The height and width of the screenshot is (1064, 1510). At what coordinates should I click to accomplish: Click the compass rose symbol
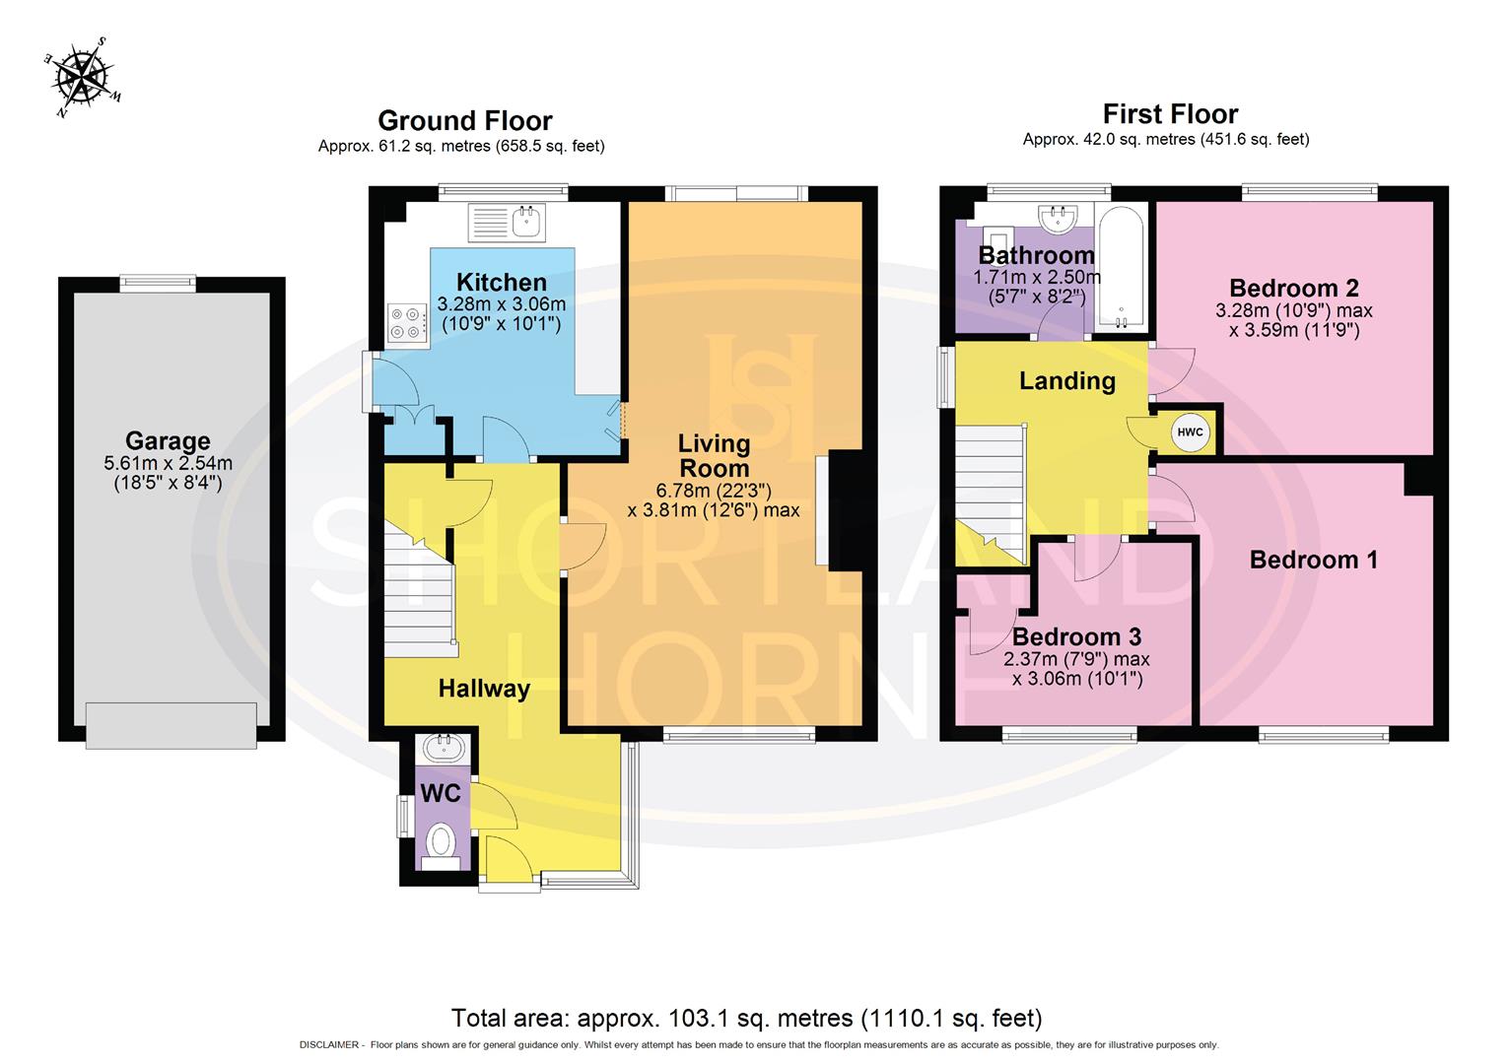pos(84,77)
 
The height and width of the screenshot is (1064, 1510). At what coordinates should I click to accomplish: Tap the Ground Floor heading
pos(464,121)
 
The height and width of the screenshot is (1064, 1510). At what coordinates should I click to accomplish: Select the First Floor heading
pos(1170,114)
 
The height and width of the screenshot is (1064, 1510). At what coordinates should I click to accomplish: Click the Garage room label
pos(168,441)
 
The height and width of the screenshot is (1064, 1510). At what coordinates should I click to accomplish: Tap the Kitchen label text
pos(501,283)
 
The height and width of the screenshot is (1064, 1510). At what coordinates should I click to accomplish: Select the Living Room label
pos(714,456)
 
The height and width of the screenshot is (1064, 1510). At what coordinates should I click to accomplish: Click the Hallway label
pos(484,689)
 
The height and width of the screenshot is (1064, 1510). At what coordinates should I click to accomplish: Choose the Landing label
pos(1067,381)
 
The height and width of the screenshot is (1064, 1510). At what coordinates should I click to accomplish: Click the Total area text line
pos(746,1018)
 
